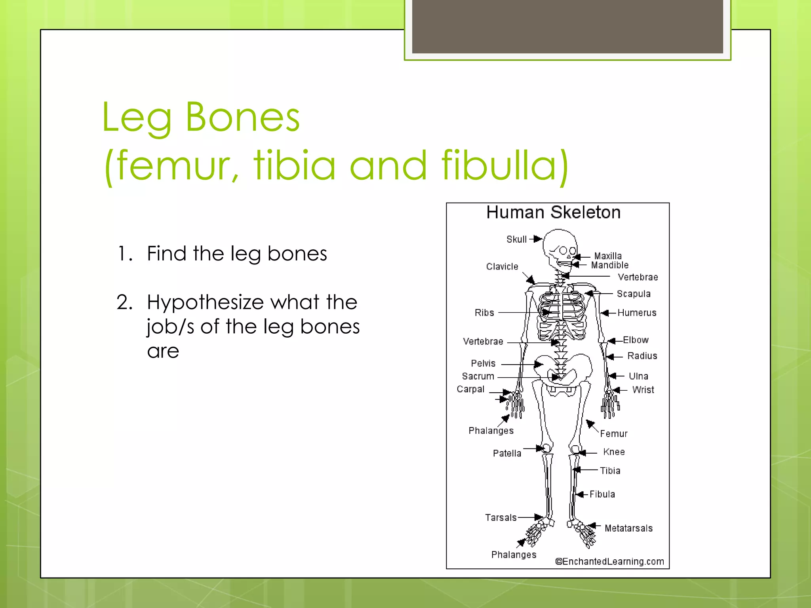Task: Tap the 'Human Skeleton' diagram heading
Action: (x=553, y=213)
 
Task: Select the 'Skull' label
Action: (x=516, y=239)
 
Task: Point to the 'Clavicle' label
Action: (x=502, y=267)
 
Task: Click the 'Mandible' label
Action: (x=609, y=265)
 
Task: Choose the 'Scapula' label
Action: (x=634, y=294)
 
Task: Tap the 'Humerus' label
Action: (x=637, y=313)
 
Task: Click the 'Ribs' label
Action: (x=484, y=313)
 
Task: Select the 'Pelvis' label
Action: (x=483, y=363)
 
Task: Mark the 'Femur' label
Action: (x=613, y=434)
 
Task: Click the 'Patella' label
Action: (x=507, y=453)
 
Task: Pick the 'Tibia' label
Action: (x=610, y=471)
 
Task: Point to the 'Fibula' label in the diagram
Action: (x=602, y=494)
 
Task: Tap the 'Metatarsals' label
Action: (x=628, y=528)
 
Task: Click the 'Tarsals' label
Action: (x=501, y=518)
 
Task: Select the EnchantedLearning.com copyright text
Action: (x=609, y=562)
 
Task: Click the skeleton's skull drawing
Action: (x=559, y=247)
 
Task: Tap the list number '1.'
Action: (x=125, y=254)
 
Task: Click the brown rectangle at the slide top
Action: (x=567, y=26)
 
